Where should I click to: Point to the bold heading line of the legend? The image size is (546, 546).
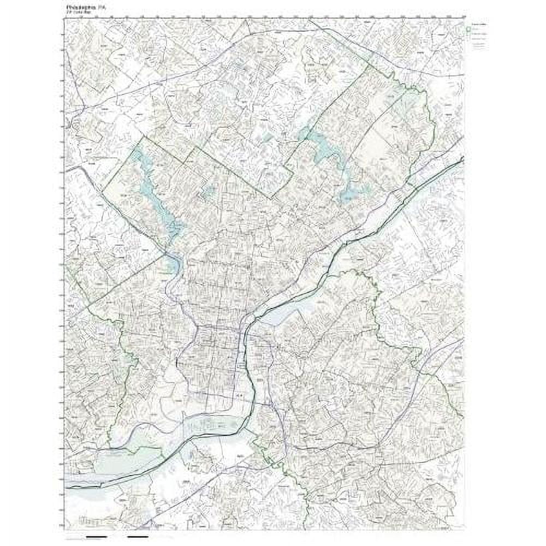coord(479,25)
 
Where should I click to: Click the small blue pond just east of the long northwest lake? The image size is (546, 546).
coord(208,191)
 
